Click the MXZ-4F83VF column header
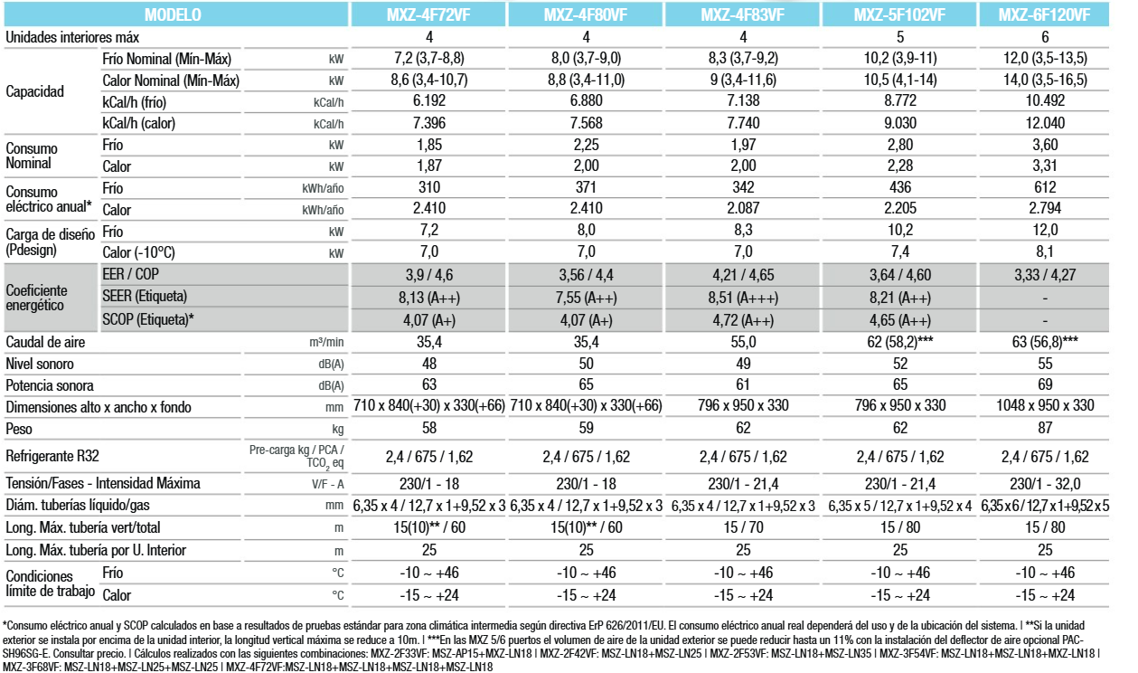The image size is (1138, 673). coord(742,14)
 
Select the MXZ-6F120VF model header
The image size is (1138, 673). coord(1044,14)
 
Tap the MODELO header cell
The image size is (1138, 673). coord(173,14)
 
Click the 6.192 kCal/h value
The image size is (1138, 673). coord(428,100)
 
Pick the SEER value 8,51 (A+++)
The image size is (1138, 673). coord(743,298)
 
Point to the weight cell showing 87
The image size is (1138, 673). coord(1045,428)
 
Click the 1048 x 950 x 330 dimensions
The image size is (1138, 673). coord(1045,405)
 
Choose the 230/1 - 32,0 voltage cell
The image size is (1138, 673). coord(1045,483)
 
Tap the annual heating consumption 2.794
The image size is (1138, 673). coord(1045,208)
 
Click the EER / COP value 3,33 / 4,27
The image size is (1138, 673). coord(1045,275)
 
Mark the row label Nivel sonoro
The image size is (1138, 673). coord(40,364)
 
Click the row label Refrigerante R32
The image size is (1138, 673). coord(52,456)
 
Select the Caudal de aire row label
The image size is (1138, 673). coord(45,342)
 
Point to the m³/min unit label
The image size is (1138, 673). coord(326,342)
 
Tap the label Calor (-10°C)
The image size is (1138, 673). coord(138,252)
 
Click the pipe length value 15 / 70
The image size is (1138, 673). coord(743,527)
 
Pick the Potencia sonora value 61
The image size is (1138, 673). coord(742,384)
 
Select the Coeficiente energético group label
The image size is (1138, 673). coord(36,298)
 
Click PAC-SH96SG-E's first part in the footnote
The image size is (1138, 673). coord(1072,640)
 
